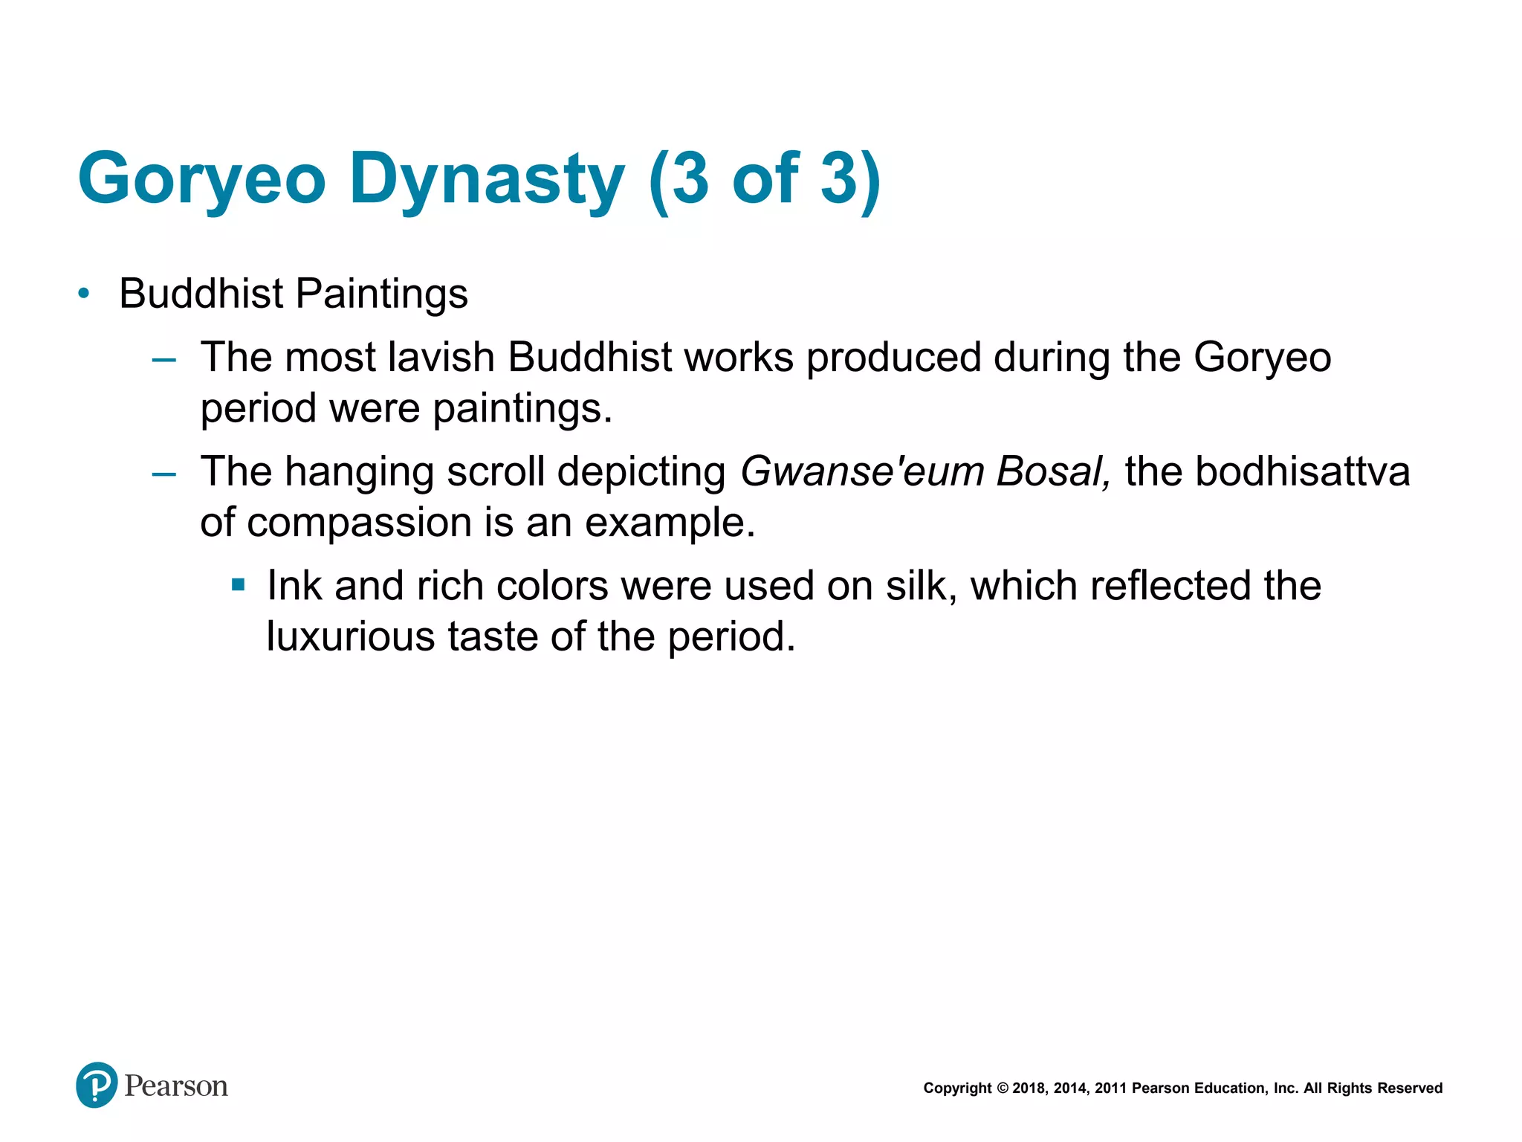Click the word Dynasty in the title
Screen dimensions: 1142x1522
(x=487, y=179)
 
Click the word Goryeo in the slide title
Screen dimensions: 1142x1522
(x=201, y=179)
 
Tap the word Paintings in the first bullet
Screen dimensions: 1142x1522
(x=382, y=294)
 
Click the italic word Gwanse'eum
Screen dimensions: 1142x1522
(x=862, y=471)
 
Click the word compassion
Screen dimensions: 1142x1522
(x=359, y=522)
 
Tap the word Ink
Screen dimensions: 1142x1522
(x=294, y=586)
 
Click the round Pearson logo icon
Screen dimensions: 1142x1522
(x=97, y=1085)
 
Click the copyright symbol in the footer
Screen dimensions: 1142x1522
(x=1002, y=1088)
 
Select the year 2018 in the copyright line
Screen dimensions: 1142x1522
(x=1029, y=1088)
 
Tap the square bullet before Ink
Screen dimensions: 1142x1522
(x=238, y=585)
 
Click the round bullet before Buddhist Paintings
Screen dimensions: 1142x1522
(x=84, y=294)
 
